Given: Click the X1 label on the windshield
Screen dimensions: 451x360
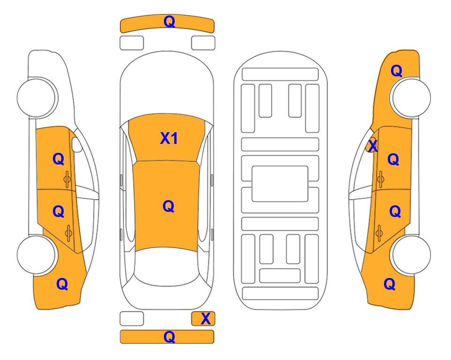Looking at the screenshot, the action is (169, 138).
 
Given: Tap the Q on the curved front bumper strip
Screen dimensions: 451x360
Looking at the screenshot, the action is (169, 22).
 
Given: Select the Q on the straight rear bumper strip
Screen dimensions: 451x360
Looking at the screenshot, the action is (169, 337).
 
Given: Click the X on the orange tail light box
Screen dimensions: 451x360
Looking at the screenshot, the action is (206, 319).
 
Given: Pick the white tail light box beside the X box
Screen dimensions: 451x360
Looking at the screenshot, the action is (132, 319).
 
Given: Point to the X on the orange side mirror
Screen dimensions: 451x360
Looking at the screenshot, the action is (373, 145).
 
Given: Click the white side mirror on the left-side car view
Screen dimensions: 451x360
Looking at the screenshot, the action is (77, 144).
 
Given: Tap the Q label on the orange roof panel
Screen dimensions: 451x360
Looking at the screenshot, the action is (168, 207).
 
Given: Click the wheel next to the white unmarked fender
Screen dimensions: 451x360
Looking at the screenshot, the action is (37, 97).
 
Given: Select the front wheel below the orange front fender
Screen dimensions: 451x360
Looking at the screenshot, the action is (410, 97).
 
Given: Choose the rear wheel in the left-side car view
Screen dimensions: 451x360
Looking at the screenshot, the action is (37, 255).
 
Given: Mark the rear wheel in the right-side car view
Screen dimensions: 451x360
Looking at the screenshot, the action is (410, 255).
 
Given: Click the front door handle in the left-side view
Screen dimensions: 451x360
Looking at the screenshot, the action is (67, 179).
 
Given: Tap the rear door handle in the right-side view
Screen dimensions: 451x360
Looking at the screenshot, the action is (379, 233).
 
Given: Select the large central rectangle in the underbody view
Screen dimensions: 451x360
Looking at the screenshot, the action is (280, 184).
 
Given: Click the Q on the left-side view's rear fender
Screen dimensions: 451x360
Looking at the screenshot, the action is (62, 285).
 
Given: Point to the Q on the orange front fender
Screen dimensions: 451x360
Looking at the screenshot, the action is (396, 71).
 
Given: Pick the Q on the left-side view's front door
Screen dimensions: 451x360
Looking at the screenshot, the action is (59, 159).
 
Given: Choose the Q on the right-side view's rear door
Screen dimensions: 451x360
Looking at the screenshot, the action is (395, 212).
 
